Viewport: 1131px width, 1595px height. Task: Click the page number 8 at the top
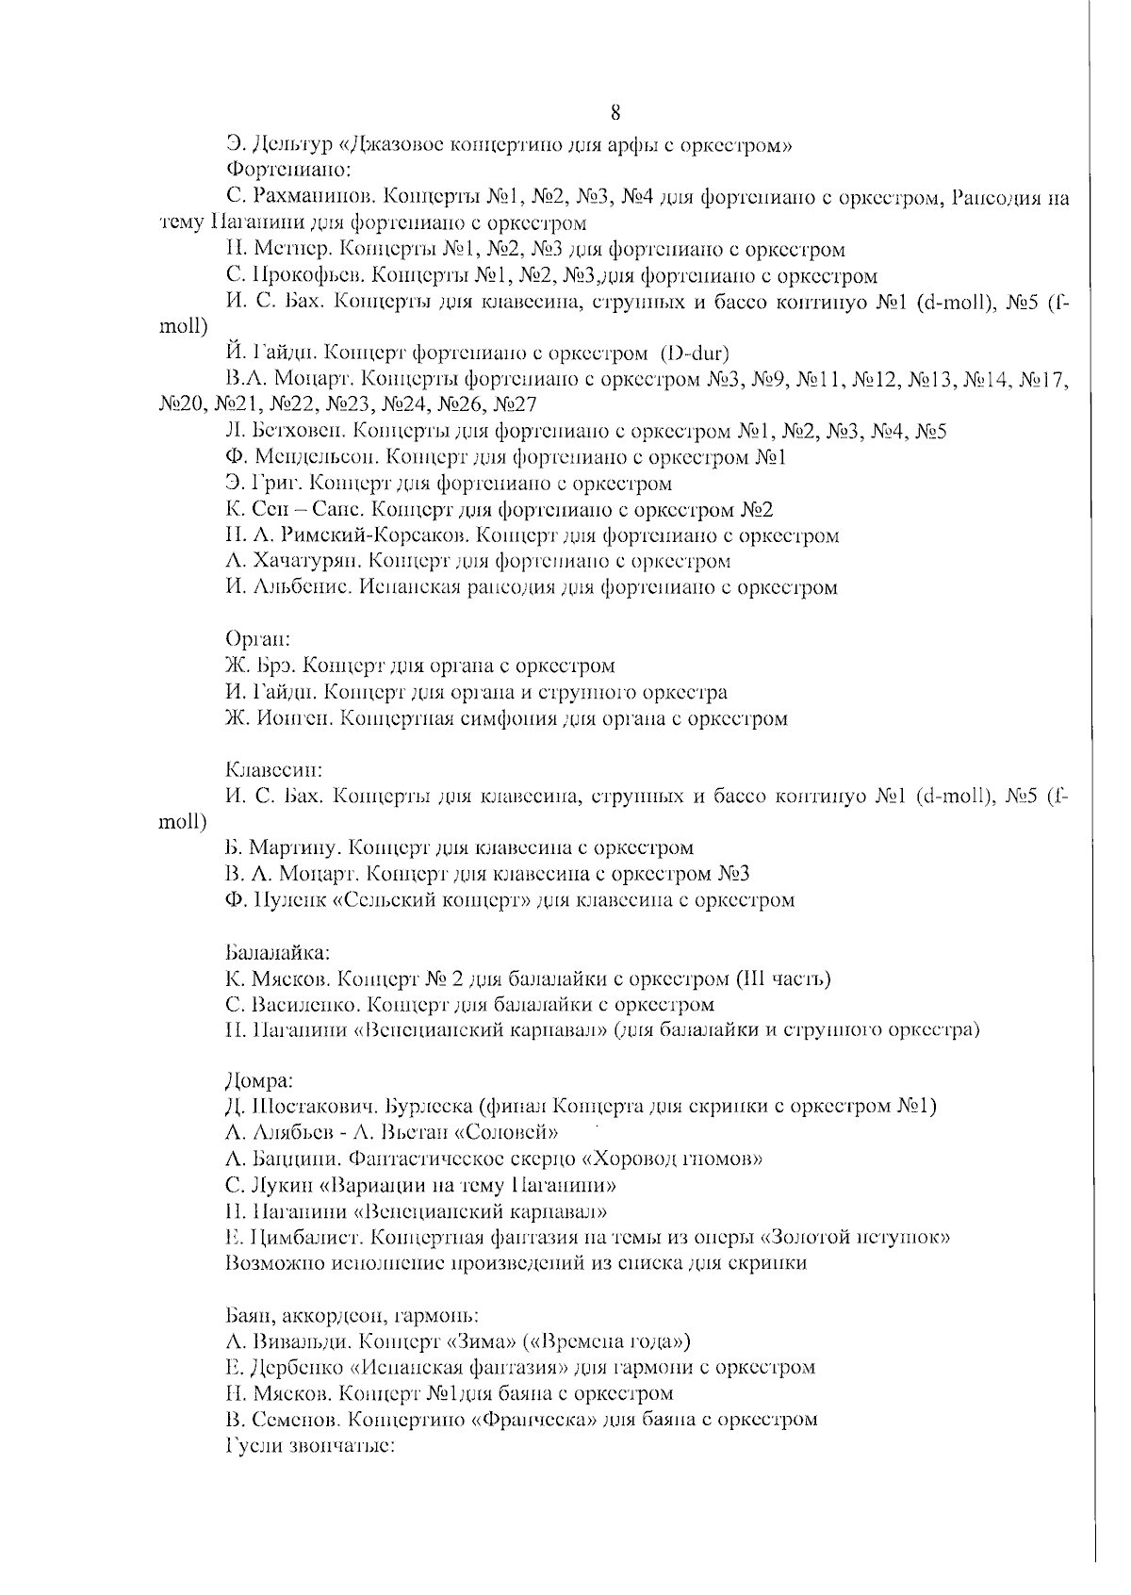[x=615, y=113]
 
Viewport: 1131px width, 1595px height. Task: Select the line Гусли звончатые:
[x=309, y=1445]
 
